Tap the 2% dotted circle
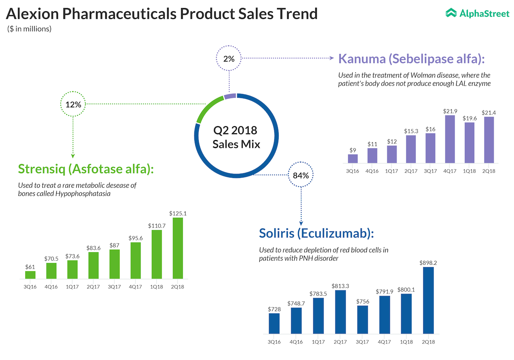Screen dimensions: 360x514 pos(229,59)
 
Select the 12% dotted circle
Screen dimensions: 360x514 pos(73,104)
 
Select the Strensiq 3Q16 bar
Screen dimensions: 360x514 pos(31,275)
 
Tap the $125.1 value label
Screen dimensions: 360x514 pos(177,214)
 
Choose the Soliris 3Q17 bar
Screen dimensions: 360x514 pos(363,319)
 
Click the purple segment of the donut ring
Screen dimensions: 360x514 pos(230,96)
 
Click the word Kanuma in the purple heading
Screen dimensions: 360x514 pos(362,59)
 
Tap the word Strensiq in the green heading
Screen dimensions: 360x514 pos(42,169)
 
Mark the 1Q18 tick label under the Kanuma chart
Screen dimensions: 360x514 pos(468,171)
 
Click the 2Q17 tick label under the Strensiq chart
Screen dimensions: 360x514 pos(94,287)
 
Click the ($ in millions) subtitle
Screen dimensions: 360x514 pos(29,29)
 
